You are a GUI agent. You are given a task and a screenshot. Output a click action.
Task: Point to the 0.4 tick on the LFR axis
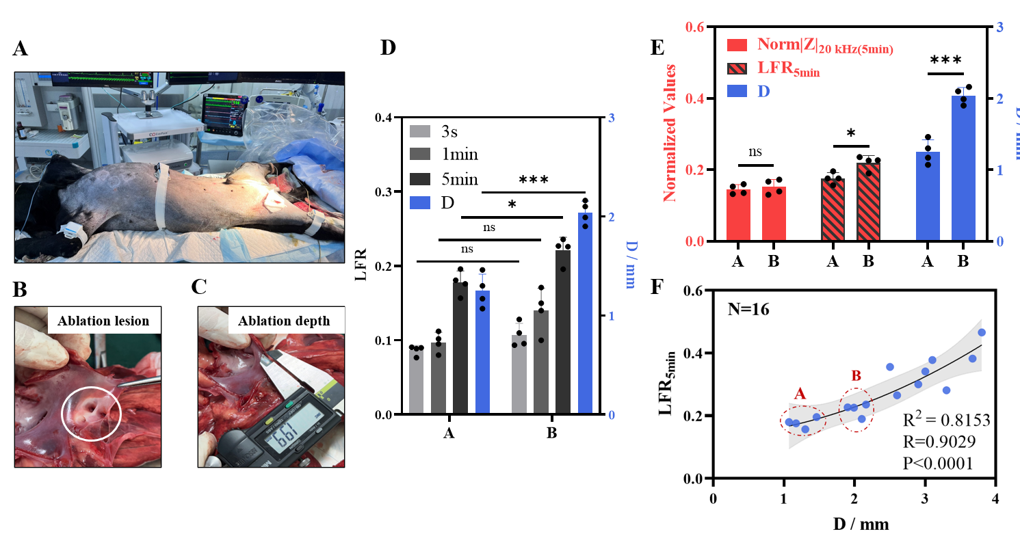(x=391, y=118)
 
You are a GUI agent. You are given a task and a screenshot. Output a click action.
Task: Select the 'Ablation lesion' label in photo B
(x=104, y=321)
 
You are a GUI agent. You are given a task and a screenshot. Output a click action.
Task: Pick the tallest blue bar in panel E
(x=964, y=168)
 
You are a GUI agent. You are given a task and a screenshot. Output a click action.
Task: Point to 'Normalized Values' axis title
(x=670, y=133)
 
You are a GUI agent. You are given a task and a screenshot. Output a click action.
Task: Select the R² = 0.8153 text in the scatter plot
(x=947, y=420)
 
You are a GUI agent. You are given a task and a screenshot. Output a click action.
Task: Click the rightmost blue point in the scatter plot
(x=981, y=333)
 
